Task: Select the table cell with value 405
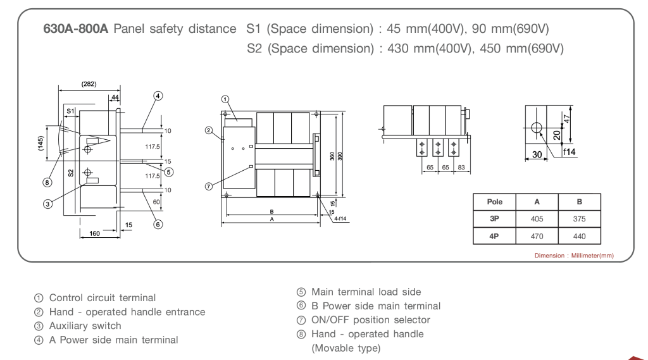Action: [x=537, y=219]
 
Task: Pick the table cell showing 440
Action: [x=579, y=237]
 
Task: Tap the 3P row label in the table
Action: [x=494, y=219]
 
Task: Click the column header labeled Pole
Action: [x=494, y=202]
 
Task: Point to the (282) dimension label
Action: [x=89, y=84]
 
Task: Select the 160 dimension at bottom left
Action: [x=94, y=233]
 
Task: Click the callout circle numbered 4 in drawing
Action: [x=158, y=96]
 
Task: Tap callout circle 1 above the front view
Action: [x=225, y=99]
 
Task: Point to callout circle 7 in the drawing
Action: [x=209, y=186]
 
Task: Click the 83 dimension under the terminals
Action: [x=461, y=168]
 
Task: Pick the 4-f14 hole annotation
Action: [x=341, y=219]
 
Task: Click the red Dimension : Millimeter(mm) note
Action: [x=574, y=256]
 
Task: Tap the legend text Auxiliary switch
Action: [x=85, y=326]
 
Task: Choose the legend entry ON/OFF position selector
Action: [x=370, y=320]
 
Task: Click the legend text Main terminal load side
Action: [x=366, y=292]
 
